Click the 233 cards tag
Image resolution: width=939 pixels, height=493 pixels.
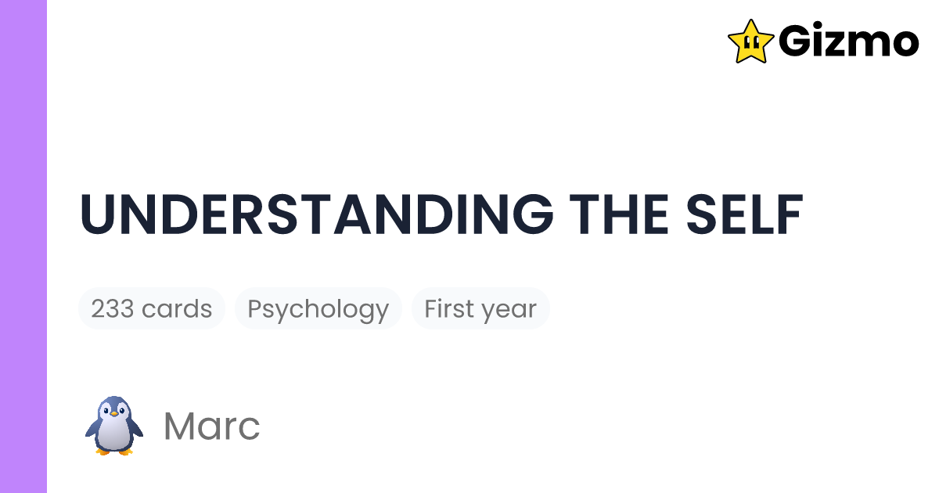[x=152, y=309]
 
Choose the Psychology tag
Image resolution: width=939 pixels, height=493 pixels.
[x=318, y=309]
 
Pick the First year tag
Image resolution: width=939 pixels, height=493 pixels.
[x=480, y=309]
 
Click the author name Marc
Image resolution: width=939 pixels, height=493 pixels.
[x=211, y=426]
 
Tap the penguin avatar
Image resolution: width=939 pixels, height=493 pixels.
[x=114, y=426]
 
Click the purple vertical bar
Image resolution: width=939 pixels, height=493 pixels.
[x=23, y=246]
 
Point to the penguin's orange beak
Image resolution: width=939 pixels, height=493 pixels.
[x=114, y=414]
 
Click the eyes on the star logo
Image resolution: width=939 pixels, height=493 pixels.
[x=750, y=41]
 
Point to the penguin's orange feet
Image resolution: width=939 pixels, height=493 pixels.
[x=114, y=451]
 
